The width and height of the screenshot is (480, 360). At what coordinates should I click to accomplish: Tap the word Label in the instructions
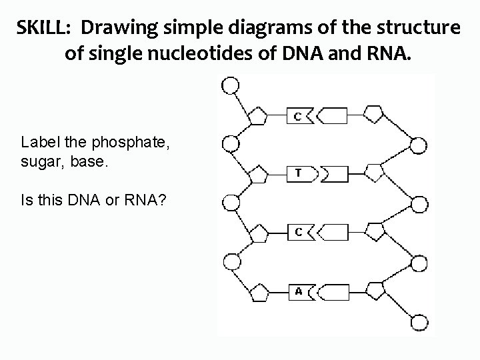coord(37,142)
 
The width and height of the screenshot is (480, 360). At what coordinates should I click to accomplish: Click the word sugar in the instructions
coord(39,161)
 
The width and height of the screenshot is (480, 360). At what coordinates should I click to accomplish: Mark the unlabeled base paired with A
coord(333,291)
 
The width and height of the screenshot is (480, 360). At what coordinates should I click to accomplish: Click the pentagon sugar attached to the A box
coord(258,292)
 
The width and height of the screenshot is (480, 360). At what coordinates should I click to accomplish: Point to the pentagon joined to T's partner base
coord(374,174)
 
